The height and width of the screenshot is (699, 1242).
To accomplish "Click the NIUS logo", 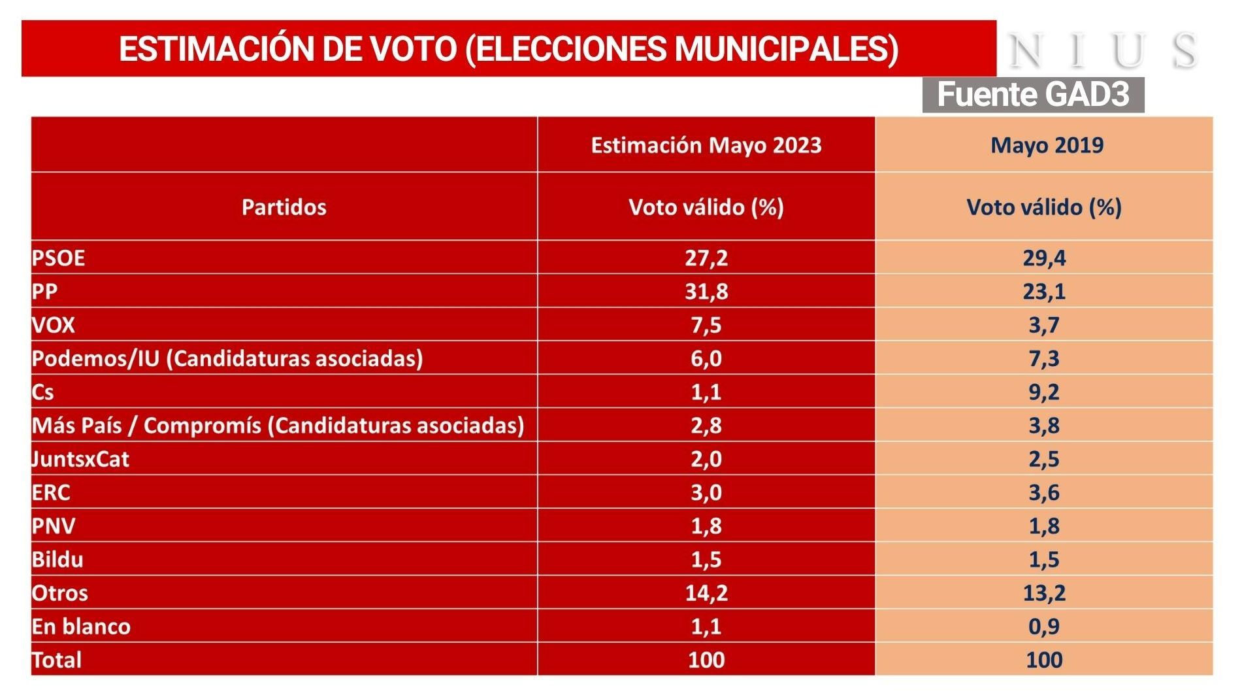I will coord(1103,50).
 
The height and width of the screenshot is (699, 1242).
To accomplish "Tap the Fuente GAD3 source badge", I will coord(1033,94).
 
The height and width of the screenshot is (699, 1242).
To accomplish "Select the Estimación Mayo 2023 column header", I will coord(706,145).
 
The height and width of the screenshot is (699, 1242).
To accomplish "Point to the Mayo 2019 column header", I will coord(1046,145).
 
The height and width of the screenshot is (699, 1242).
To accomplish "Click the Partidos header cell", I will coord(284,207).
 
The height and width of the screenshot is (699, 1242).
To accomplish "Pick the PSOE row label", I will coord(58,258).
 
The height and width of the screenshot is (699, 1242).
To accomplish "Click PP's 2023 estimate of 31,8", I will coord(706,291).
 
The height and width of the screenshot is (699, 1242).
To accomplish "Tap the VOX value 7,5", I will coord(706,325).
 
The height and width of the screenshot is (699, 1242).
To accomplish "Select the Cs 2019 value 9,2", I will coord(1043,392).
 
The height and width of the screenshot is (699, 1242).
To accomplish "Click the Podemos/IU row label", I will coord(227,358).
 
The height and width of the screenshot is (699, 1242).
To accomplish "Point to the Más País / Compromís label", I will coord(278,425).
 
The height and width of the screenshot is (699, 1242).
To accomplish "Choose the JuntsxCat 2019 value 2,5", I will coord(1043,459).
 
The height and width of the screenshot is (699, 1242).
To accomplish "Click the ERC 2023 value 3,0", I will coord(706,492).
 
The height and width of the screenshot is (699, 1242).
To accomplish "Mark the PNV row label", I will coord(54,526).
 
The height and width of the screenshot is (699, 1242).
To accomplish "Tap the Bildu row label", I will coord(57,559).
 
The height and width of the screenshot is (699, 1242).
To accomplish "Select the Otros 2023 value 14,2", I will coord(706,592).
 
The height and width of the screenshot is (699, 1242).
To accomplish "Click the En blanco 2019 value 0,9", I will coord(1043,626).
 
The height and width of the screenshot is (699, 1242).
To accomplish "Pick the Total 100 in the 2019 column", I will coord(1043,660).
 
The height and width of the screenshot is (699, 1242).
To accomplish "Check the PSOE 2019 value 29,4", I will coord(1043,258).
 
